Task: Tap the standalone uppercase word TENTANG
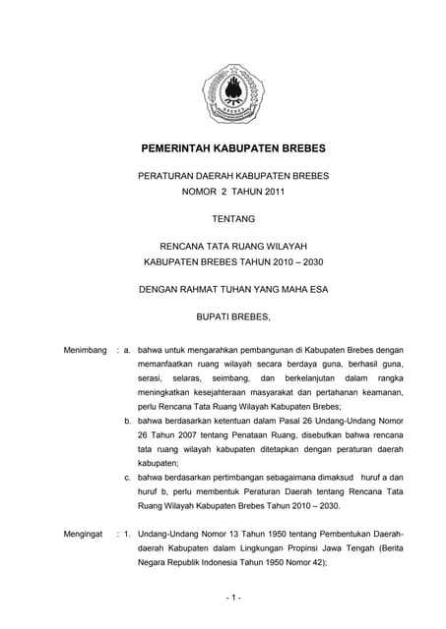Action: (x=233, y=219)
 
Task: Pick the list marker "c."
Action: (x=129, y=478)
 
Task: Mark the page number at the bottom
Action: (x=232, y=598)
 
